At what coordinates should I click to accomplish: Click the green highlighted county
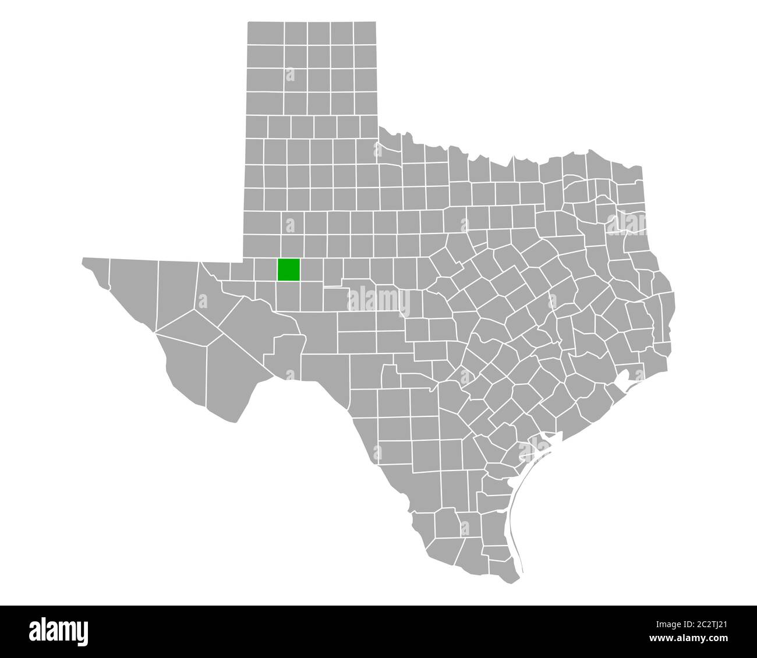click(289, 270)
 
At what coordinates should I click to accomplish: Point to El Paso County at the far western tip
click(95, 271)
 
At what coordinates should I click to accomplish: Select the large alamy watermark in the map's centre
click(378, 302)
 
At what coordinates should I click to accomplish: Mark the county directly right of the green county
click(312, 270)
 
